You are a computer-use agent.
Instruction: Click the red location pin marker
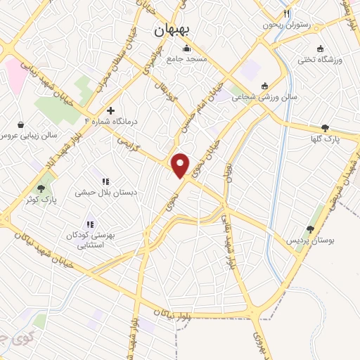tap(181, 165)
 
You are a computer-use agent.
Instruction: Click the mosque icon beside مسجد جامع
tap(186, 49)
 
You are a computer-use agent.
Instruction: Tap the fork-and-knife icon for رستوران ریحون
tap(286, 13)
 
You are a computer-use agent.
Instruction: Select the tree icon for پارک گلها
tap(324, 128)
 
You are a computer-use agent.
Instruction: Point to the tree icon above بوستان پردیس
tap(310, 229)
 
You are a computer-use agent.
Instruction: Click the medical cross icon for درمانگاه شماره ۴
tap(110, 110)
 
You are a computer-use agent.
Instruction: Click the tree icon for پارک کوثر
tap(41, 188)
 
